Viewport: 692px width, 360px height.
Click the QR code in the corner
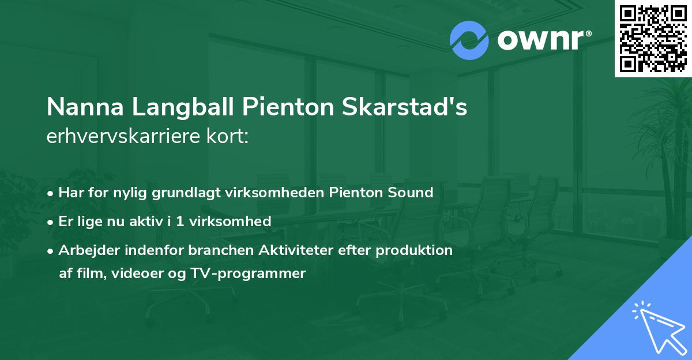pyautogui.click(x=653, y=38)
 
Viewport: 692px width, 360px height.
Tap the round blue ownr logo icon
pyautogui.click(x=469, y=40)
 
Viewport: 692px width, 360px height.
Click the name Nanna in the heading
pyautogui.click(x=83, y=107)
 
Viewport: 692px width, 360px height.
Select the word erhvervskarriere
pyautogui.click(x=126, y=137)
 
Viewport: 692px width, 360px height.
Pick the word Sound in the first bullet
pyautogui.click(x=412, y=192)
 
